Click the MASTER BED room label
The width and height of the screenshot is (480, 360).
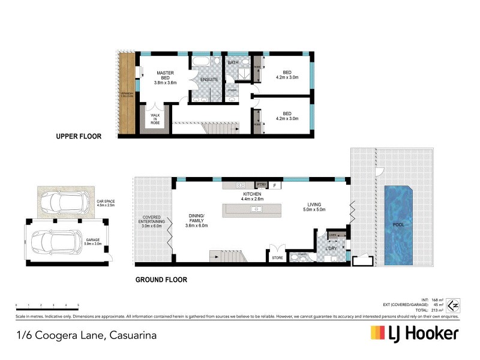pos(165,78)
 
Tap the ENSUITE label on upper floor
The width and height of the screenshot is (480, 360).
pos(209,80)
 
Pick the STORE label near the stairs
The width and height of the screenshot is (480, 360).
pos(277,258)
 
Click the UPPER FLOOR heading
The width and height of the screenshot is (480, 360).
pos(78,137)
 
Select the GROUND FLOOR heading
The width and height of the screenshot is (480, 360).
pos(161,280)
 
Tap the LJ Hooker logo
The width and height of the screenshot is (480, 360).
pos(415,333)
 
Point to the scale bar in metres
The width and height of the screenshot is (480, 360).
pos(47,308)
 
